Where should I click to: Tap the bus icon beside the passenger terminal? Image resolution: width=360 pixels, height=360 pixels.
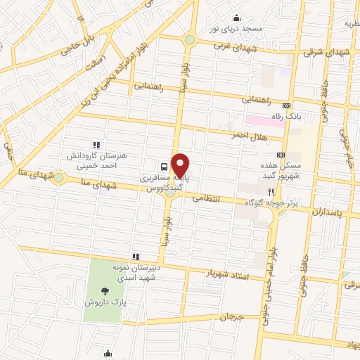point(164,167)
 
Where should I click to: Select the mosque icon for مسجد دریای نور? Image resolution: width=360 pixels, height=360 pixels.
point(236,18)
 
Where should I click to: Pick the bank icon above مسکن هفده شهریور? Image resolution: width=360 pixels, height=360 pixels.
point(281,154)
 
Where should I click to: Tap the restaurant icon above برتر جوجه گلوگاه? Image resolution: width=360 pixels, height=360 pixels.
point(269,191)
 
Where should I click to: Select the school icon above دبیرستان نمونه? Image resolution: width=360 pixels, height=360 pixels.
point(134,257)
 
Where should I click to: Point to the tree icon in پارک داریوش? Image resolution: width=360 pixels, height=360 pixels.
point(105,290)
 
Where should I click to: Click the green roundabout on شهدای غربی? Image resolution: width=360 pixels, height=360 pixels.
point(189,40)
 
